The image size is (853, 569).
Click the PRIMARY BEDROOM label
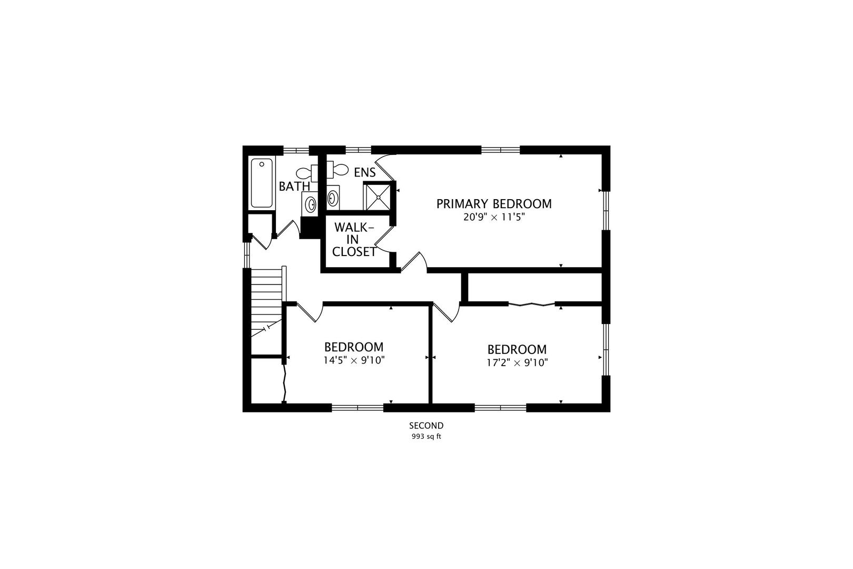494,204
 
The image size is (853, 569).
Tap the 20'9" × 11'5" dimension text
494,217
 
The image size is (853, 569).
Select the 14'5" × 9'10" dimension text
354,360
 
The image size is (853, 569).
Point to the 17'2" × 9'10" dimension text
517,362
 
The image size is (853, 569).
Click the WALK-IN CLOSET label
354,240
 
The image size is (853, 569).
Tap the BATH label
294,187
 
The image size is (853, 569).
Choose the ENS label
365,173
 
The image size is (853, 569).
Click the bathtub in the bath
262,183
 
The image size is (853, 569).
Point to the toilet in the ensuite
337,170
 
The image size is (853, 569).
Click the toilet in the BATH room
307,174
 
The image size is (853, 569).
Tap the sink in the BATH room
310,204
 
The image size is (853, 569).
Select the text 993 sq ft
426,437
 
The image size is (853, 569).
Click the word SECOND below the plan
426,426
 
